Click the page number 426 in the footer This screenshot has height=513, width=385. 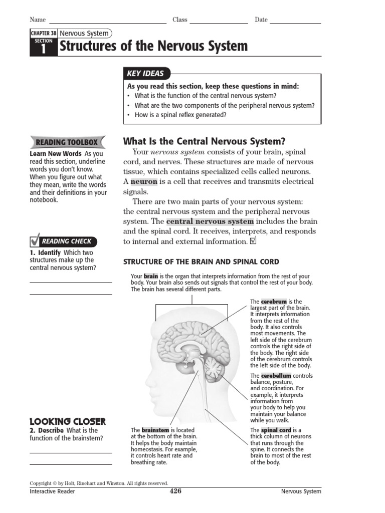tap(175, 491)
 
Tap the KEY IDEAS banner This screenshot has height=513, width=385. tap(145, 74)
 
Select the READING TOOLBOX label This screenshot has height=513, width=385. tap(67, 142)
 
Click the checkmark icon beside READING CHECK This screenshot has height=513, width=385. tap(35, 240)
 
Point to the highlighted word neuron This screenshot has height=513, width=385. tap(144, 181)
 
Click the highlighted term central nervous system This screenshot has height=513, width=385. tap(210, 221)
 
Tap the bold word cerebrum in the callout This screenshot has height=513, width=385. tap(274, 302)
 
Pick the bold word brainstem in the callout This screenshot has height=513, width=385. tap(155, 430)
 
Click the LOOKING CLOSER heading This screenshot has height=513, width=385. tap(68, 421)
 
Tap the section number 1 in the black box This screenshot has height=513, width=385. tap(43, 49)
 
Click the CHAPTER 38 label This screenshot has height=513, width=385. tap(43, 34)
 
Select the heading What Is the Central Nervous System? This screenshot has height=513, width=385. tap(204, 142)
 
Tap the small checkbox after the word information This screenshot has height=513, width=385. tap(253, 241)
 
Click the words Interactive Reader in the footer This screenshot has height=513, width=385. tap(53, 491)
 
